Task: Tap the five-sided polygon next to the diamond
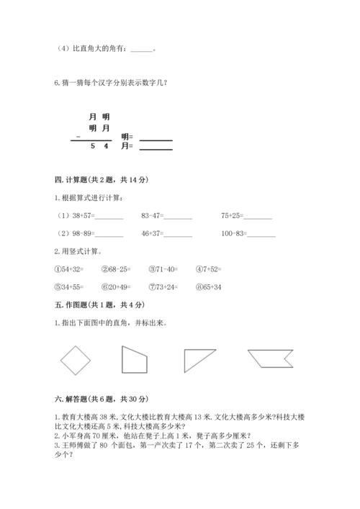pos(134,359)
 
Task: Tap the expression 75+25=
pos(233,215)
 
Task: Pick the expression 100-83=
pos(235,233)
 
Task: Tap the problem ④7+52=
pos(209,269)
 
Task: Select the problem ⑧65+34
pos(209,286)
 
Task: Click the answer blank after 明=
pos(156,137)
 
